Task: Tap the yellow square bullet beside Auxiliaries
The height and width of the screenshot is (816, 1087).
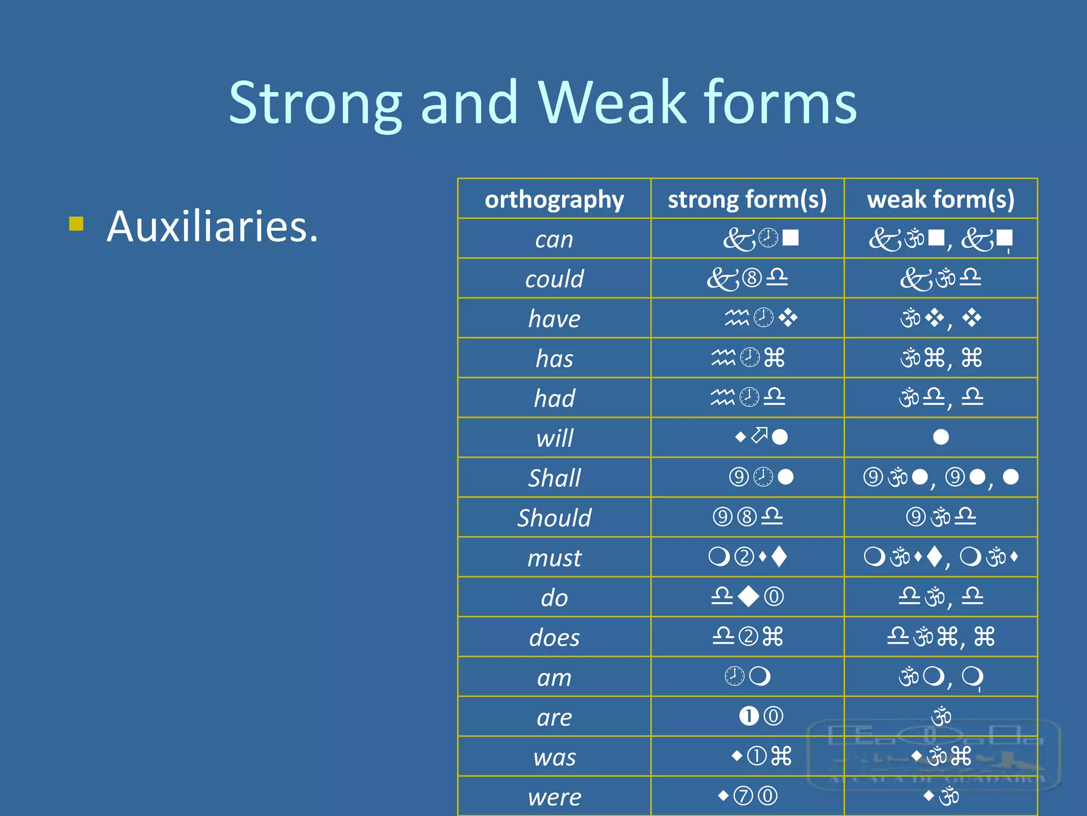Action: click(x=76, y=224)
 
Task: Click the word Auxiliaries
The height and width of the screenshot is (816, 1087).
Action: click(x=212, y=227)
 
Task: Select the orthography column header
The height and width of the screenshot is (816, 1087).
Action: click(x=554, y=199)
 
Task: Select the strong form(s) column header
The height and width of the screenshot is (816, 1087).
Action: click(x=747, y=199)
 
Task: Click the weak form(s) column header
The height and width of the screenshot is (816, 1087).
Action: click(x=941, y=199)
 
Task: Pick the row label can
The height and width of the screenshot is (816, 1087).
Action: click(x=554, y=240)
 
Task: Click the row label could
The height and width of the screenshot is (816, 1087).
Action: click(x=554, y=279)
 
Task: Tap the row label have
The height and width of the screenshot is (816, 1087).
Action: click(x=554, y=319)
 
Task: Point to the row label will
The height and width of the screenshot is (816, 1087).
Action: click(x=554, y=438)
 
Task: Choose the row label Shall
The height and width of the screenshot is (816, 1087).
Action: click(x=554, y=478)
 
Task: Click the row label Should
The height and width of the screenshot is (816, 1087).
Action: click(x=554, y=518)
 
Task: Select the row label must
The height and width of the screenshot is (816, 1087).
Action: click(x=554, y=558)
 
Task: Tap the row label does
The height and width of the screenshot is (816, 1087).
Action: click(x=554, y=637)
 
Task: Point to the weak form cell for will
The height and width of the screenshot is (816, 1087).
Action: click(x=941, y=437)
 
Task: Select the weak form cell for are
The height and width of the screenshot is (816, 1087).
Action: click(x=941, y=716)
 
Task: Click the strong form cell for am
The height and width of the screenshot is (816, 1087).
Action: click(x=747, y=676)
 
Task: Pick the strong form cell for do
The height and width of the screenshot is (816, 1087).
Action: click(x=747, y=597)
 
